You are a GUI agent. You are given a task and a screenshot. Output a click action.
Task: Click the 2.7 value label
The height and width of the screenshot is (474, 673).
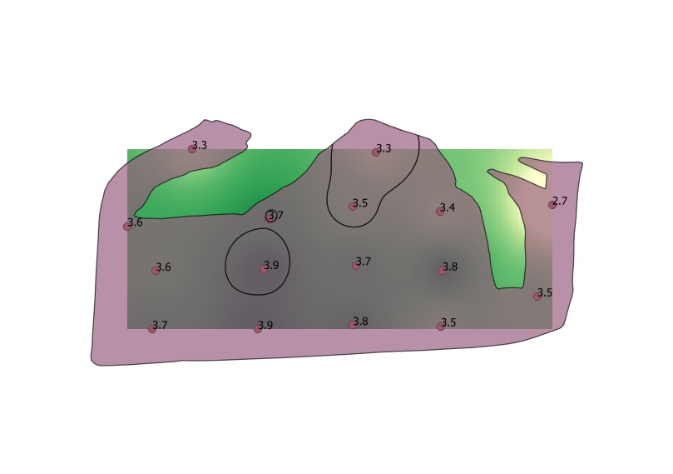(x=560, y=201)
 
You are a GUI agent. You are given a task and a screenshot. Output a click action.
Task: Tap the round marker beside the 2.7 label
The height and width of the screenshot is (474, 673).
(x=552, y=205)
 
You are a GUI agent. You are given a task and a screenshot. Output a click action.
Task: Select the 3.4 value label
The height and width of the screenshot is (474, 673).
(x=448, y=207)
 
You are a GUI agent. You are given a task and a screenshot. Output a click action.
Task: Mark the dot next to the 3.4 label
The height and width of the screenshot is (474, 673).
(x=440, y=212)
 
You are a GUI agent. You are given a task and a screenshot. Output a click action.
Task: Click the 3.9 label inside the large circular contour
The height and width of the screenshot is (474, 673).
(x=271, y=265)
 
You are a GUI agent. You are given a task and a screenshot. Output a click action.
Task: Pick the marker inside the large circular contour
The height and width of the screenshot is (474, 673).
(x=264, y=269)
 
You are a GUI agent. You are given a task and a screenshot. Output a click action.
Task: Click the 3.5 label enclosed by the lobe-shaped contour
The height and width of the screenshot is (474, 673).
(x=360, y=202)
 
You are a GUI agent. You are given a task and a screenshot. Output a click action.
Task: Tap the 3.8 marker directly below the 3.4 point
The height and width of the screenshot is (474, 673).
(x=443, y=271)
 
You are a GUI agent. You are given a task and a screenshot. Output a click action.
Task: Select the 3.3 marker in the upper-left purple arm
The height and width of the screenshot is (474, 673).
(x=192, y=149)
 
